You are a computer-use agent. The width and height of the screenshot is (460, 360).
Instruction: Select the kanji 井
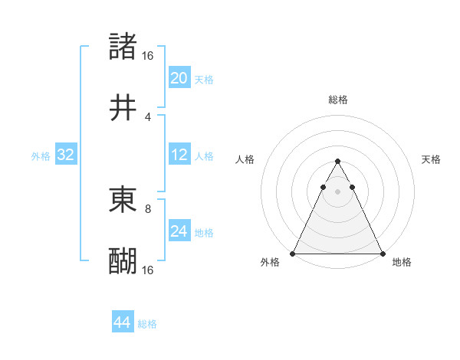click(123, 108)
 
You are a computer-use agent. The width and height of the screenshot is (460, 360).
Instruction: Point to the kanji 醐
click(123, 260)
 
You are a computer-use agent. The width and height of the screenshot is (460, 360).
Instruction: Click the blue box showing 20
click(179, 78)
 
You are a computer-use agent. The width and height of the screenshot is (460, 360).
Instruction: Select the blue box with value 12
click(179, 155)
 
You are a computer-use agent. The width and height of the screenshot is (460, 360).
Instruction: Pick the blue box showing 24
click(179, 231)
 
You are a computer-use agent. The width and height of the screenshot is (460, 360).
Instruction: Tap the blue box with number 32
click(66, 155)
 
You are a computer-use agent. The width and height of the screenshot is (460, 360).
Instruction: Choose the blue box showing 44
click(123, 322)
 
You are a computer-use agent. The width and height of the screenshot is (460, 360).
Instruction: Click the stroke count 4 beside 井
click(148, 116)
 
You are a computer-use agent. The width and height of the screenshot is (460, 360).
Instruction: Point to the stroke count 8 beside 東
click(148, 208)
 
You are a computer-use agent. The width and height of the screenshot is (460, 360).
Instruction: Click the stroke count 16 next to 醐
click(148, 270)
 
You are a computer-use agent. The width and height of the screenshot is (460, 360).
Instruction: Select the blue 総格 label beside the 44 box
click(147, 324)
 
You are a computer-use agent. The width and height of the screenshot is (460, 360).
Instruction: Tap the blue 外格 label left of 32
click(41, 155)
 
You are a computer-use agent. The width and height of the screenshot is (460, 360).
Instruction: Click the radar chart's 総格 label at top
click(337, 100)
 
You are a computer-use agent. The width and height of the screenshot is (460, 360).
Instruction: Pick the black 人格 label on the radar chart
click(245, 159)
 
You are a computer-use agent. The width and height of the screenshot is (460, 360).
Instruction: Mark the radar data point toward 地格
click(383, 253)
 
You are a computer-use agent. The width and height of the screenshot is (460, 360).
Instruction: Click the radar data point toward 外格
click(293, 253)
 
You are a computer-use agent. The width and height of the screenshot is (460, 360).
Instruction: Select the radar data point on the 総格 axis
click(337, 162)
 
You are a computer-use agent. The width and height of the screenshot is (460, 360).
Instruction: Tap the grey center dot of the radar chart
click(337, 191)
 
